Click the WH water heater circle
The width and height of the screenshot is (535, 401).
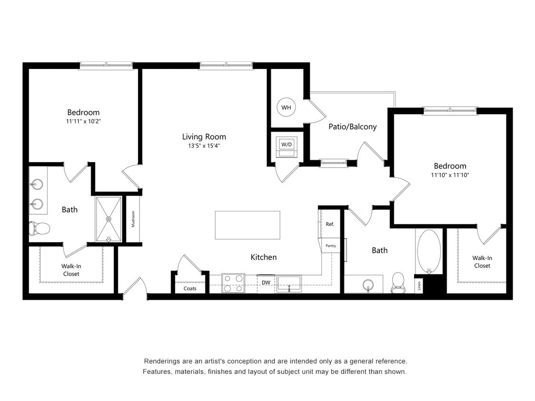(x=286, y=107)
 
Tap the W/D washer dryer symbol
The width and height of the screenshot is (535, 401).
(x=287, y=144)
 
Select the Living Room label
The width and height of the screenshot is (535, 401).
(x=204, y=137)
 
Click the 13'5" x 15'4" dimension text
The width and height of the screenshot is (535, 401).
(x=204, y=146)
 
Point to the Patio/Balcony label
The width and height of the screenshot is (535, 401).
(x=352, y=126)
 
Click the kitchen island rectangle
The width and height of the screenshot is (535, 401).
(x=247, y=225)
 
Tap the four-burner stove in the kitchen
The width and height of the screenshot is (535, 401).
(x=233, y=283)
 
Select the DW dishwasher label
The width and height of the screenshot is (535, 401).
(x=266, y=282)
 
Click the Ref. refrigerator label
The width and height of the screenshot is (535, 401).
(x=330, y=224)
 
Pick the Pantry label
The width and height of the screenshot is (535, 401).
(x=331, y=246)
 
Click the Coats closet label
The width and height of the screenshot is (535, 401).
(x=190, y=288)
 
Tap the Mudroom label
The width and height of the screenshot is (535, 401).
(x=133, y=219)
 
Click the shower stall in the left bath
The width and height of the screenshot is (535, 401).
(x=108, y=220)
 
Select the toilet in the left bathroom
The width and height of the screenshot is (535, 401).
(x=40, y=229)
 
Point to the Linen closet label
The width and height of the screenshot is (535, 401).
(x=419, y=286)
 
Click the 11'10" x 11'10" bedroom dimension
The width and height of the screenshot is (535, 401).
(x=450, y=175)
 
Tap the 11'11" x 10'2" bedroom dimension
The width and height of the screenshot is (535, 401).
(x=83, y=121)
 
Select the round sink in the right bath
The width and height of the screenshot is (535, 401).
(x=368, y=285)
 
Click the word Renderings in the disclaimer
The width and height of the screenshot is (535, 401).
(x=163, y=361)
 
